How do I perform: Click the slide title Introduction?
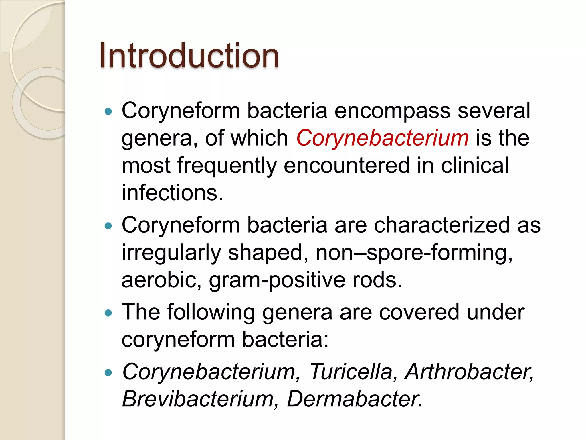coord(189,56)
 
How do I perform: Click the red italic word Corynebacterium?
coord(382,138)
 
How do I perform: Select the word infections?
coord(172,193)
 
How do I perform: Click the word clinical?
coord(475,166)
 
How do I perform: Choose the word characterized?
coord(442,225)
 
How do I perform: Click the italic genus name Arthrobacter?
coord(469,372)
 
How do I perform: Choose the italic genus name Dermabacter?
coord(355,399)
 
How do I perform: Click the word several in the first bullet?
coord(494,111)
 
